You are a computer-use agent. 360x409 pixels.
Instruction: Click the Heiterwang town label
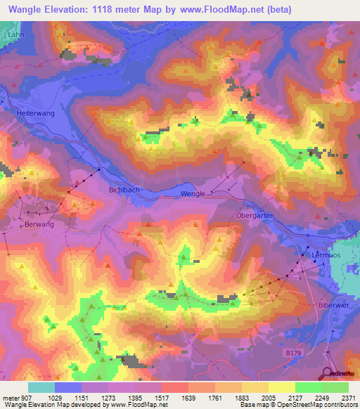(x=34, y=112)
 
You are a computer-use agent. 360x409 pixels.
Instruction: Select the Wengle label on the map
(x=193, y=194)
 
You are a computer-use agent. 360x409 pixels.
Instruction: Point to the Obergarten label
(x=255, y=215)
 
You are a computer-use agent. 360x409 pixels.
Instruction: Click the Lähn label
(x=12, y=34)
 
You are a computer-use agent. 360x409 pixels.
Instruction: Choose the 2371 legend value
(x=348, y=398)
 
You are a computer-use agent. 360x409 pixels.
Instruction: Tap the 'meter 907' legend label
(x=16, y=398)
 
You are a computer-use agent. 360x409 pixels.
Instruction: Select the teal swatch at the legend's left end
(x=41, y=387)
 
